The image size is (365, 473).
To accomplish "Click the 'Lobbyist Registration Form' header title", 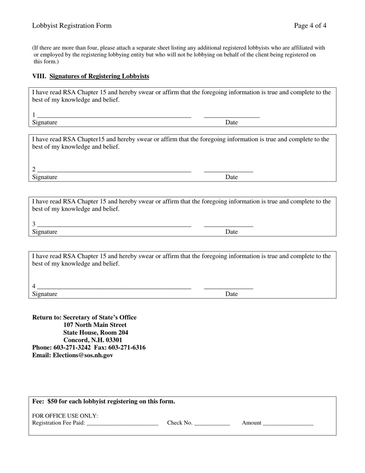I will (72, 26).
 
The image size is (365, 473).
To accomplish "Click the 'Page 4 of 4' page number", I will (310, 26).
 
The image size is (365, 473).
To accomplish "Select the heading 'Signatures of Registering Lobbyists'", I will (99, 76).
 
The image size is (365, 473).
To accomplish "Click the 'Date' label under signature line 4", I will (232, 294).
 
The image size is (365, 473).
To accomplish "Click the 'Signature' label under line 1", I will (45, 123).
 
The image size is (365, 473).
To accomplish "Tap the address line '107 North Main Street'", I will (95, 325).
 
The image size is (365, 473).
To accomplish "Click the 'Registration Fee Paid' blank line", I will (123, 424).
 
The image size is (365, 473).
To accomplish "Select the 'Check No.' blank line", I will (212, 424).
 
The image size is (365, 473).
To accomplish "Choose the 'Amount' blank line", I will (288, 424).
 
